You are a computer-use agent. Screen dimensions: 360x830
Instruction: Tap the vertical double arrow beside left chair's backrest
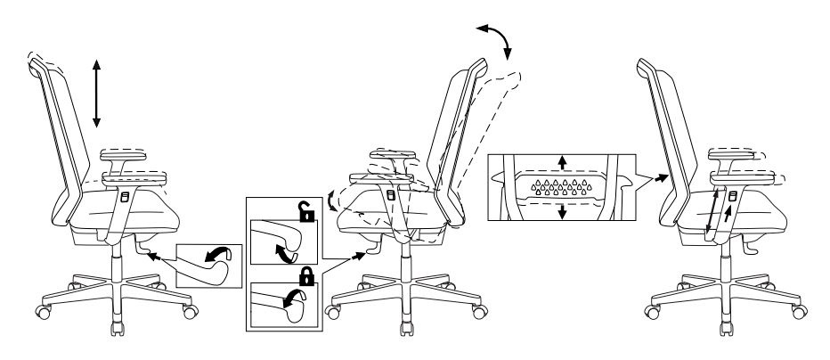[x=97, y=94]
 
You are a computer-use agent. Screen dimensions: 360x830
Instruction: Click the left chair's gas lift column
[x=117, y=258]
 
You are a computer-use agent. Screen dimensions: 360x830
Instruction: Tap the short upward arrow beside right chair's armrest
[x=730, y=215]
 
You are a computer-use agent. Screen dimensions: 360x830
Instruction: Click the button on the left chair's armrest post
[x=126, y=196]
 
